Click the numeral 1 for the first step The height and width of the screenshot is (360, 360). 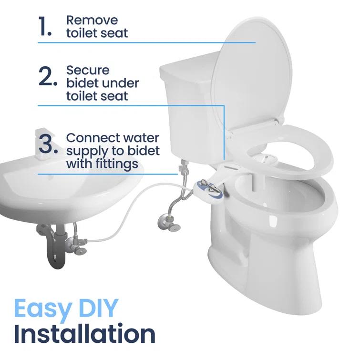45,28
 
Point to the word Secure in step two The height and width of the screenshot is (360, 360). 88,71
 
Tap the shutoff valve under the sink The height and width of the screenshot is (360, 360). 77,241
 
